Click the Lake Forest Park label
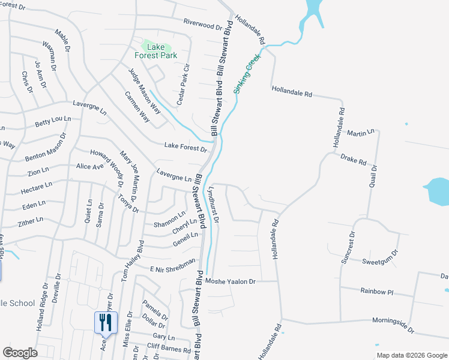pos(159,51)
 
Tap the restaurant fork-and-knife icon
pos(106,322)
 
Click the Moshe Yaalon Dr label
pos(231,281)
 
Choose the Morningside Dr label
pos(393,324)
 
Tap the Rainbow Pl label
pos(376,292)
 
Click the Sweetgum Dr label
pos(381,262)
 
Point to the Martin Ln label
pos(360,131)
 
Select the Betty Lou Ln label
pos(53,122)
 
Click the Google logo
pos(20,353)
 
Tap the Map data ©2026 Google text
pos(411,355)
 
